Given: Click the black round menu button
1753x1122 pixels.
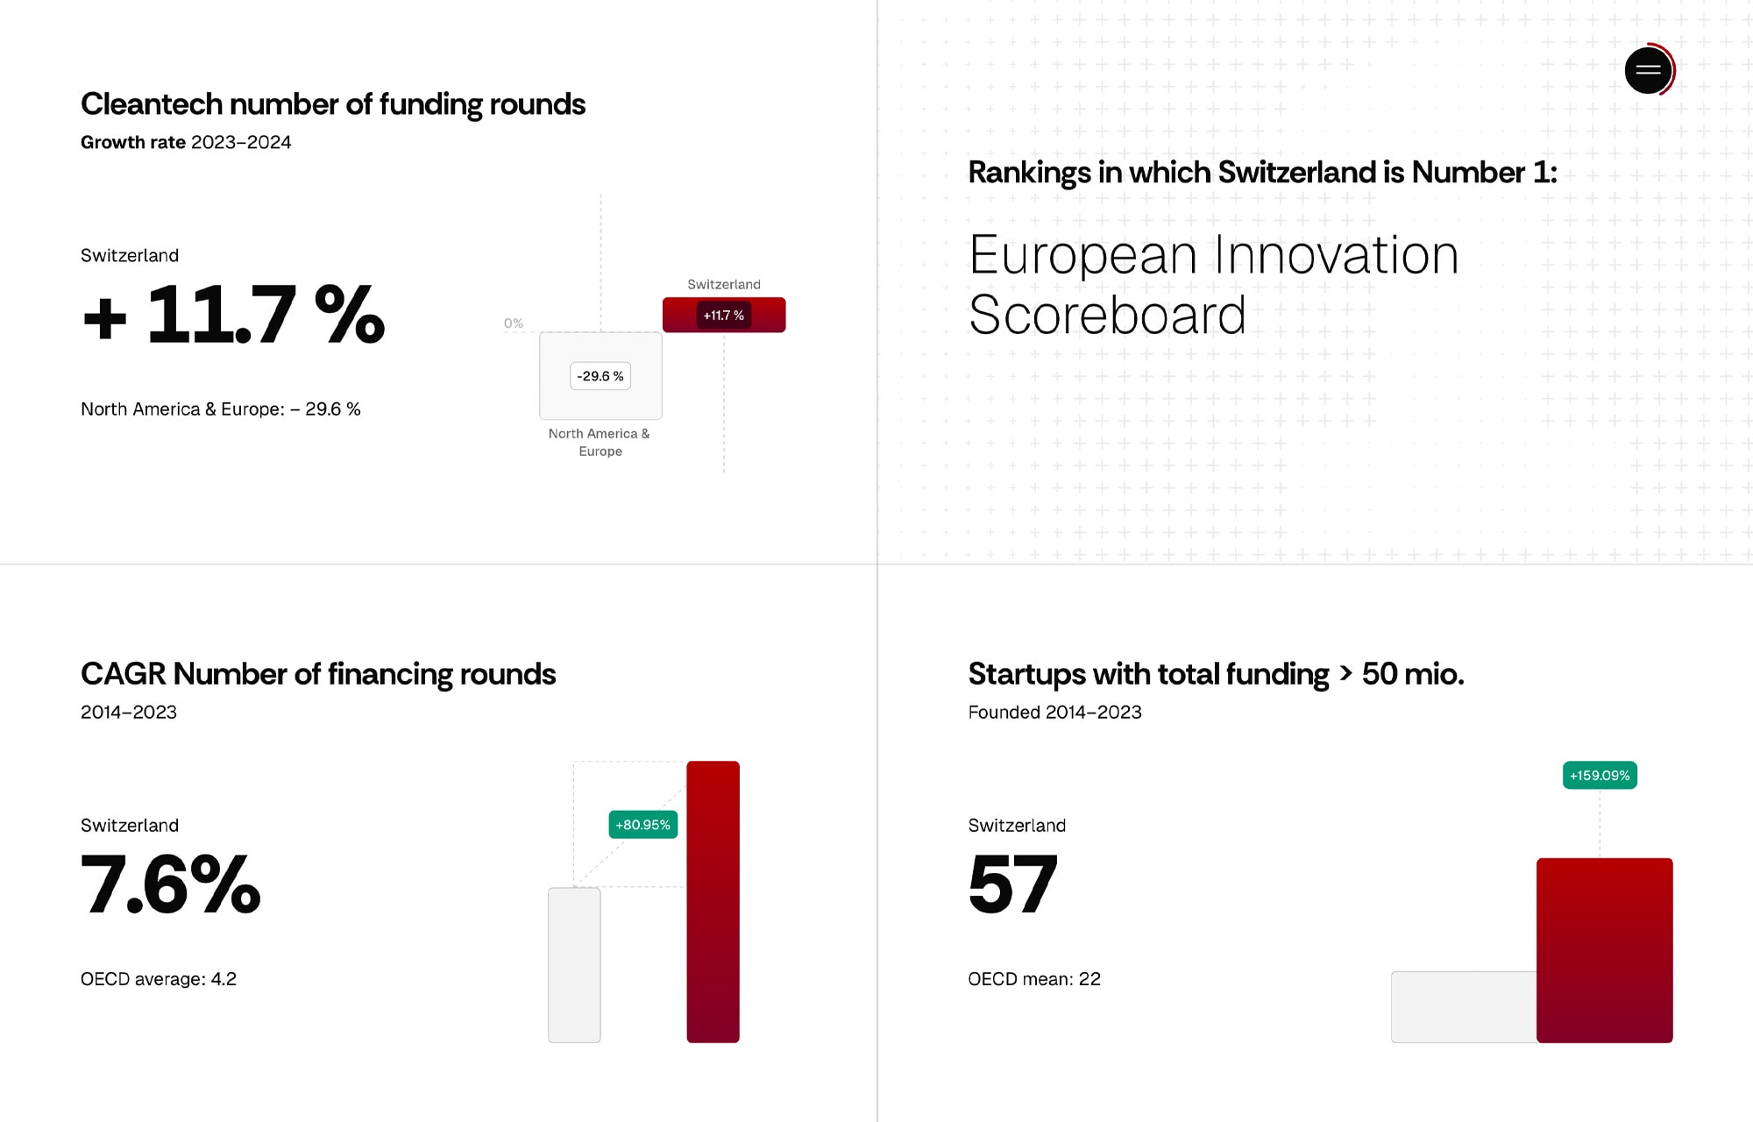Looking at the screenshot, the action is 1648,70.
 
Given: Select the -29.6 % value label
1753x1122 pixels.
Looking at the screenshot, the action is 600,376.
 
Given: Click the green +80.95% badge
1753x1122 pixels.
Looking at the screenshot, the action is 643,825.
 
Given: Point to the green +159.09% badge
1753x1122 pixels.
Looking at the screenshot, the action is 1600,776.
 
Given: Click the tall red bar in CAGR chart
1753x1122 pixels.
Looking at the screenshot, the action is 713,902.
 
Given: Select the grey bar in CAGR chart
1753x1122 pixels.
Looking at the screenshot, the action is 574,965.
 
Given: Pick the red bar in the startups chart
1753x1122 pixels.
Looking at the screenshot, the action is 1605,950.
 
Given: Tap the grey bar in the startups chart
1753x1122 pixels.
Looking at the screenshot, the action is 1464,1007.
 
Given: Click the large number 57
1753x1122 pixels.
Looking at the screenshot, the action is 1012,884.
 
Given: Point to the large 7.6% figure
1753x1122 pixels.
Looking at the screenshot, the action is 171,884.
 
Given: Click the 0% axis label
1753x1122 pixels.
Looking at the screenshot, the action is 514,323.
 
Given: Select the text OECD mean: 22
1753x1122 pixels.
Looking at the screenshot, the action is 1034,979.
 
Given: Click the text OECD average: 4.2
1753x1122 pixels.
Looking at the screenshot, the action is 159,979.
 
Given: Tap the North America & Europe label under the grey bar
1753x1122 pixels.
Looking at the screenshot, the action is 600,443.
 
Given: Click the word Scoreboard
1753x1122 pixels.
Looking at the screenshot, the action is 1107,316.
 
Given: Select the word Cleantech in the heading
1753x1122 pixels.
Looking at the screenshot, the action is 152,104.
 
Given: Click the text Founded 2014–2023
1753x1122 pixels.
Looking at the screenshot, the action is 1055,713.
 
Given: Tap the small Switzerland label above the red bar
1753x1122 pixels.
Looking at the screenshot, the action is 724,285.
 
